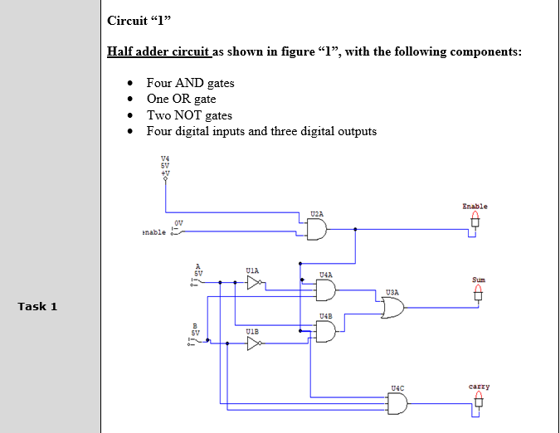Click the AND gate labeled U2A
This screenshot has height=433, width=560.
317,230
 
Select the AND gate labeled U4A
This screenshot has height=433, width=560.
326,289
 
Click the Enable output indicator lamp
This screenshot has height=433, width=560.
475,221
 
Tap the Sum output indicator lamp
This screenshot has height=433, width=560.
477,294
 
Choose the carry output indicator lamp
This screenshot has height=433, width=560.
478,401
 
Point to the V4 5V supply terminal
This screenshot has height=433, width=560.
165,174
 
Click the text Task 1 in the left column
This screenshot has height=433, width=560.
38,307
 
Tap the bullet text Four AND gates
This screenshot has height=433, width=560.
190,83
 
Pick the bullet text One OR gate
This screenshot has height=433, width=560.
181,100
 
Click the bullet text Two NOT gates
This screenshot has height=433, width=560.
189,115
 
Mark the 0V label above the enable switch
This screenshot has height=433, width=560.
178,222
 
